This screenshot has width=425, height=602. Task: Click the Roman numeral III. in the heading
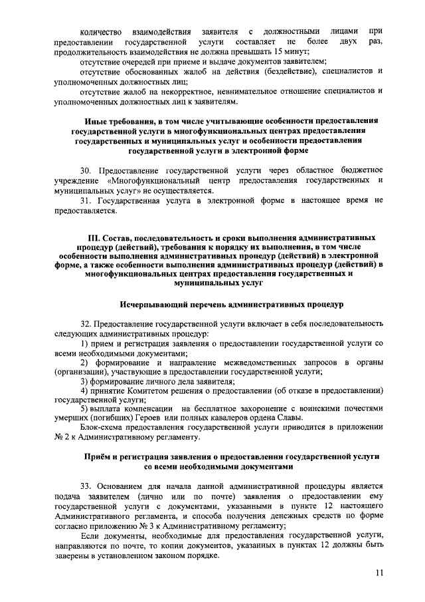point(94,237)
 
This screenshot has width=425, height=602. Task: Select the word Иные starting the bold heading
point(98,122)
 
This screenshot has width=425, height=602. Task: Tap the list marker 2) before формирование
point(84,362)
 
